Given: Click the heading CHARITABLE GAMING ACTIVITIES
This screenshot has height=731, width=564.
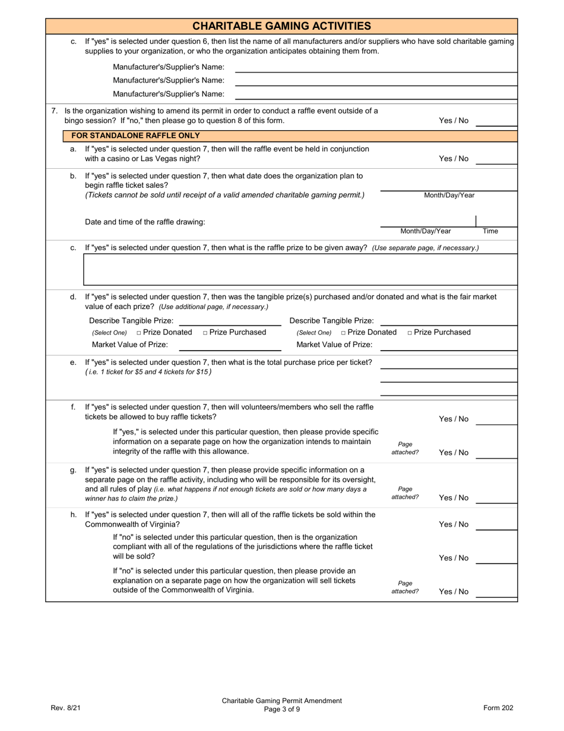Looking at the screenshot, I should click(x=281, y=26).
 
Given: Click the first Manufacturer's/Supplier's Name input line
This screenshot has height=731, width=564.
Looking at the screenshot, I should click(x=376, y=68).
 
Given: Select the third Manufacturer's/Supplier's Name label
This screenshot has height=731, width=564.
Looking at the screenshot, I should click(x=169, y=94).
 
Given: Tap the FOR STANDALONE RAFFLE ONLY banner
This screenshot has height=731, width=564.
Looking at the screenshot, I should click(x=135, y=136).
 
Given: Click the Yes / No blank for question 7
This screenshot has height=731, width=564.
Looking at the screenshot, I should click(x=496, y=121).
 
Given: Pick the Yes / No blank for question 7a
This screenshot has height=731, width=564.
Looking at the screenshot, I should click(x=496, y=159).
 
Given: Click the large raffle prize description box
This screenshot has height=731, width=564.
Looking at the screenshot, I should click(x=300, y=269).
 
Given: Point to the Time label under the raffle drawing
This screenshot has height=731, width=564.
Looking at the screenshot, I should click(x=490, y=231).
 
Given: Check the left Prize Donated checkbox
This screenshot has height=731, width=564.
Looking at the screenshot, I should click(x=139, y=333).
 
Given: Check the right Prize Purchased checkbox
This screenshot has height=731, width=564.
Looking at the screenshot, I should click(x=410, y=333).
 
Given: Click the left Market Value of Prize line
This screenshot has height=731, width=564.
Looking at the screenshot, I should click(x=230, y=345).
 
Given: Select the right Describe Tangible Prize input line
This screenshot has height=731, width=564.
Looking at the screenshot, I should click(x=448, y=321).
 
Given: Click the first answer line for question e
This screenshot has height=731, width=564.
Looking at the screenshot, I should click(x=448, y=363).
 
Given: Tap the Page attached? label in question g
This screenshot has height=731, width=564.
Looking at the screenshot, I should click(x=405, y=493).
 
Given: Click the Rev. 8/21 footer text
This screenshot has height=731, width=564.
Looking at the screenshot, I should click(x=65, y=708).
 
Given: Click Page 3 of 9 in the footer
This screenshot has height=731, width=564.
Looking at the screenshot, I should click(x=282, y=709).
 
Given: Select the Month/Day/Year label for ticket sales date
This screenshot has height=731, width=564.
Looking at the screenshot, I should click(x=449, y=195).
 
